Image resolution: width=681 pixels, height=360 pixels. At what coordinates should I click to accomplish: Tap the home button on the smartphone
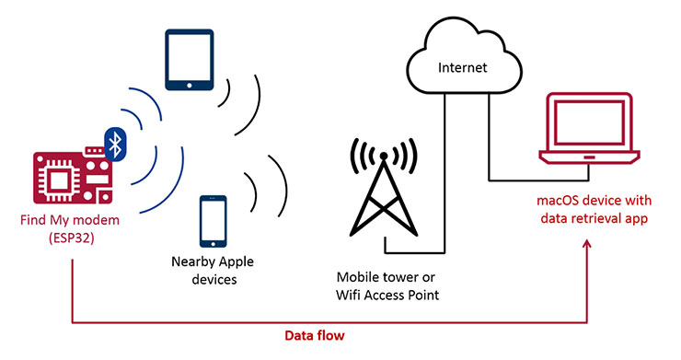214,238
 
